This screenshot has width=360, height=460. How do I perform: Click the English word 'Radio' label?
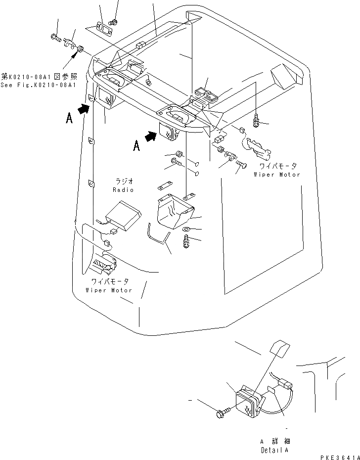[x=122, y=190]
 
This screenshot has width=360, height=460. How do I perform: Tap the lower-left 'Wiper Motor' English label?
[x=108, y=290]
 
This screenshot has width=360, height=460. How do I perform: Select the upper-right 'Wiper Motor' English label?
[x=277, y=175]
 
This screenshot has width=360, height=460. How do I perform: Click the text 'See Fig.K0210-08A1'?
[x=38, y=85]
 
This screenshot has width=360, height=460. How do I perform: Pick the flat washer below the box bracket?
[x=186, y=230]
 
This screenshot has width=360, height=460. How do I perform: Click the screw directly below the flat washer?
[x=186, y=242]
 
